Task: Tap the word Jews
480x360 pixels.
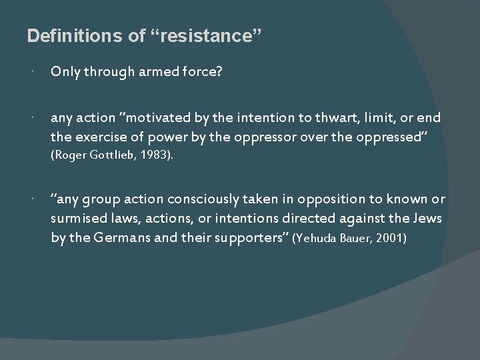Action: click(427, 219)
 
